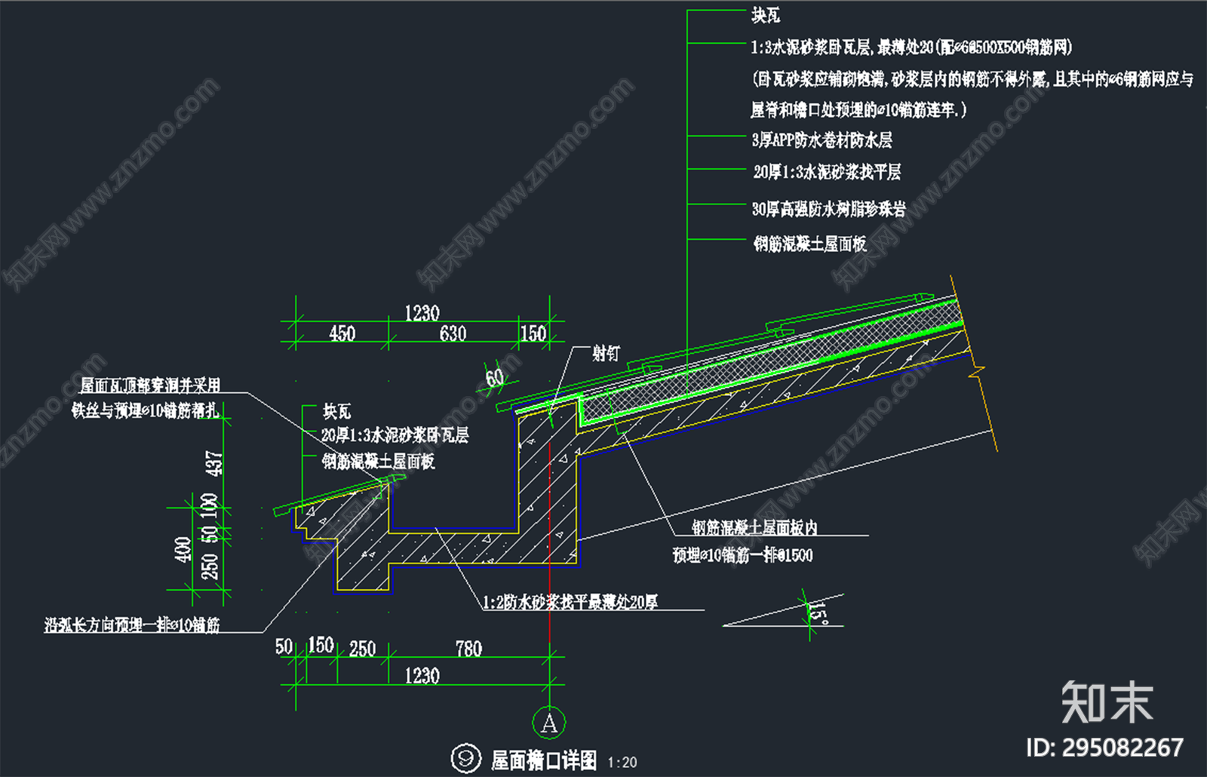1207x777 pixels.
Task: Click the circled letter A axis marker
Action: point(548,723)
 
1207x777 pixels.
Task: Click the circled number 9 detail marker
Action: point(465,758)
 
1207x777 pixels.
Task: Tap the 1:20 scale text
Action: point(622,763)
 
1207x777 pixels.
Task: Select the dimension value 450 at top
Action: point(342,333)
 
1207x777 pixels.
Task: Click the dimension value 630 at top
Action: point(453,333)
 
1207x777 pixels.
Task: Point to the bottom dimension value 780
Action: point(468,649)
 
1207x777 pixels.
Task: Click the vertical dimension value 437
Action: point(214,462)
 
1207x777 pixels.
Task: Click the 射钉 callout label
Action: point(606,353)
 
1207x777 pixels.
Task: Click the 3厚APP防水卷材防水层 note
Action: point(822,140)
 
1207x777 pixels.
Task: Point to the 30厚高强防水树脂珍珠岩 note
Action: point(828,209)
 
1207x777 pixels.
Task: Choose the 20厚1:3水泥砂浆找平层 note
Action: point(827,173)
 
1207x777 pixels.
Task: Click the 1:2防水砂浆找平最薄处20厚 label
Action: point(570,602)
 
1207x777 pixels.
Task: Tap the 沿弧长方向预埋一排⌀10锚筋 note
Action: point(132,625)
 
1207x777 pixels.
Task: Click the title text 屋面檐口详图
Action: point(543,760)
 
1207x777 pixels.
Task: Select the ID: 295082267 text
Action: point(1104,748)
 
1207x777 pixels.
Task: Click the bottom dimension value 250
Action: point(362,649)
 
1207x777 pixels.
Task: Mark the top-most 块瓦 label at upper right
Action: point(766,15)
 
